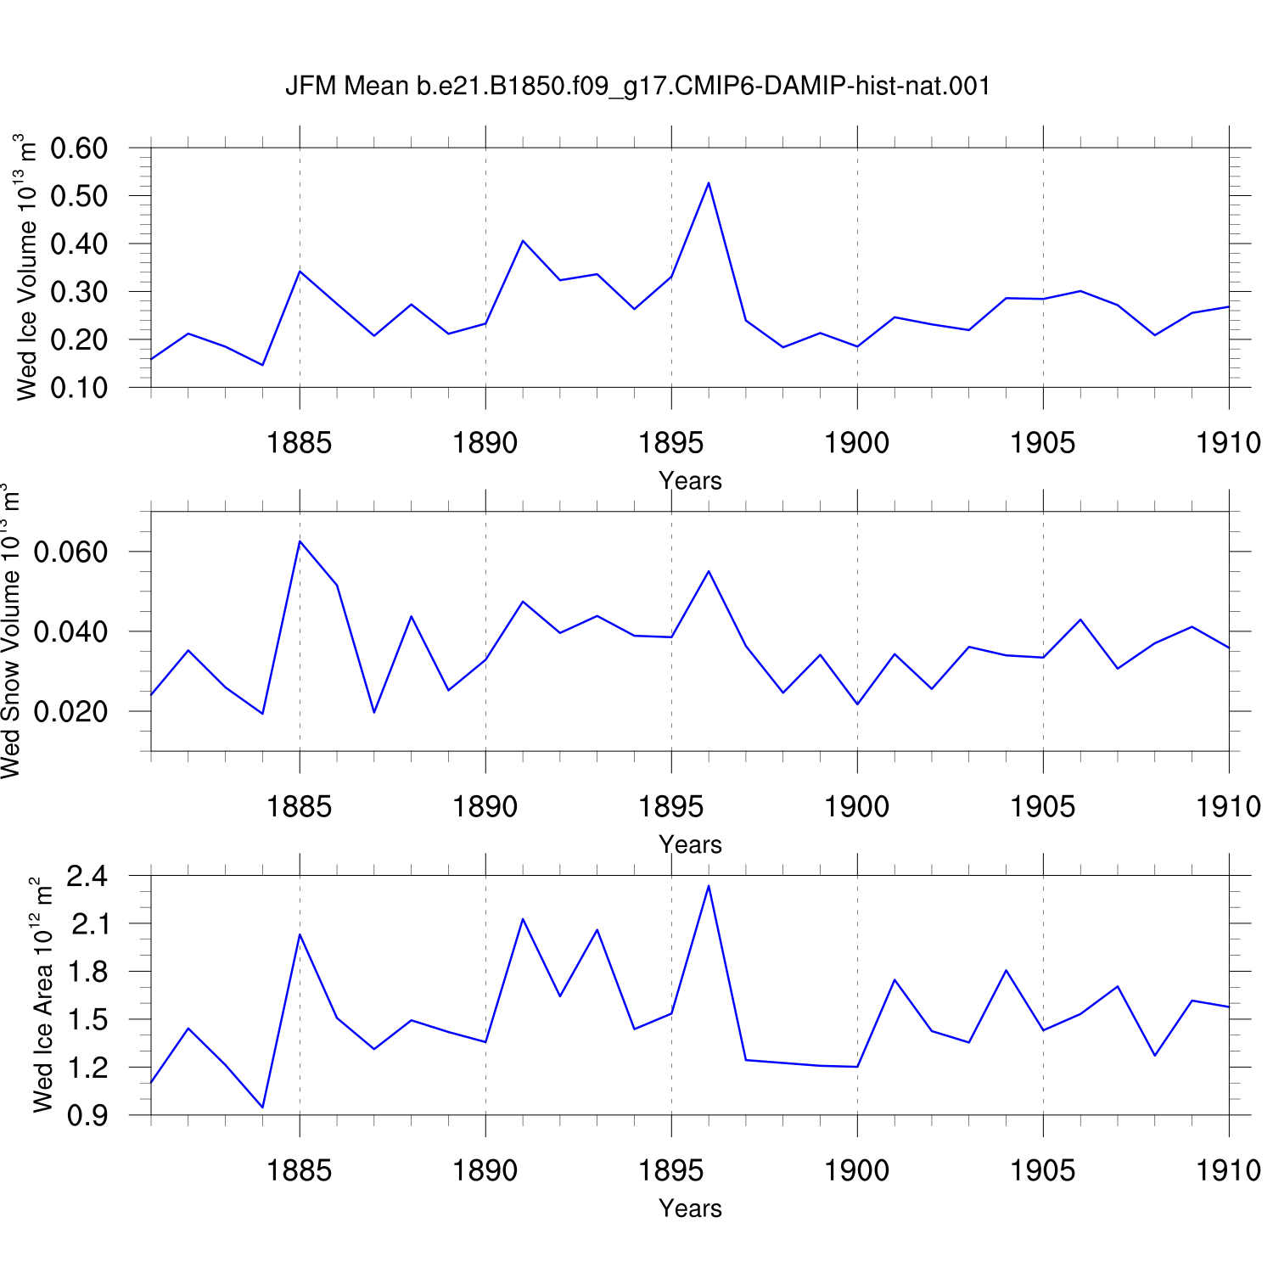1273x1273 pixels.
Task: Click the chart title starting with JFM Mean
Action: click(x=637, y=86)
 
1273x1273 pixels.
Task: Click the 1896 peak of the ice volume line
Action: click(x=709, y=182)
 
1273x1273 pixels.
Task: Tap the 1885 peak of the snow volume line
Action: click(x=300, y=541)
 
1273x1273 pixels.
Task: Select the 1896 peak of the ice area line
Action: click(x=709, y=886)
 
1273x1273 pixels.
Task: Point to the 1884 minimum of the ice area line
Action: click(x=262, y=1107)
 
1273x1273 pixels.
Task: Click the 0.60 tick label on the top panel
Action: click(x=79, y=148)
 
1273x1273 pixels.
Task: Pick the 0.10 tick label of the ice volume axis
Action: click(x=79, y=388)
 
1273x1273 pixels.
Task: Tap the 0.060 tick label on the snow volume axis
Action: click(x=70, y=552)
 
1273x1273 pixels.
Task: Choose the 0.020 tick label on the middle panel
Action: click(x=70, y=711)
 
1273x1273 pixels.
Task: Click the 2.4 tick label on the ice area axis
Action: click(x=87, y=876)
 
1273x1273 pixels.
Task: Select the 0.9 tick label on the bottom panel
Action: click(x=87, y=1115)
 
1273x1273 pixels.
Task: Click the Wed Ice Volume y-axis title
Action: click(x=26, y=267)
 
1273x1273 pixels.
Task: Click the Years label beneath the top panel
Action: click(x=690, y=481)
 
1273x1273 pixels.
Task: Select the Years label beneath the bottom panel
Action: click(x=690, y=1209)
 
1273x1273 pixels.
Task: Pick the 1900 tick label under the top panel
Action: click(x=857, y=443)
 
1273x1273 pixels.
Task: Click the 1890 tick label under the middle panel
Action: click(x=485, y=806)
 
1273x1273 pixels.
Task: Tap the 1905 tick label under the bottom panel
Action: click(x=1043, y=1171)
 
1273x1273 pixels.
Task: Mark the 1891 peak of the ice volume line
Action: click(x=523, y=241)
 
